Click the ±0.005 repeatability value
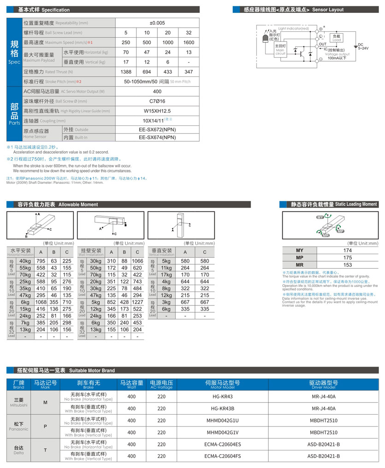(x=157, y=23)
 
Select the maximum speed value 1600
(x=189, y=42)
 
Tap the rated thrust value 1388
(x=126, y=72)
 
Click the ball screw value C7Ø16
(x=157, y=101)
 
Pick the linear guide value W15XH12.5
(x=157, y=111)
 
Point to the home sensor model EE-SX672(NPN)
(x=157, y=130)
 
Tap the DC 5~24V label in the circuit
(x=363, y=46)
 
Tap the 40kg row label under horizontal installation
(x=25, y=261)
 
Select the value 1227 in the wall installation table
(x=137, y=302)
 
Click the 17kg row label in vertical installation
(x=166, y=275)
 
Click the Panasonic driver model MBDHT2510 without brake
(x=324, y=421)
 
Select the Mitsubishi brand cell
(x=19, y=402)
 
